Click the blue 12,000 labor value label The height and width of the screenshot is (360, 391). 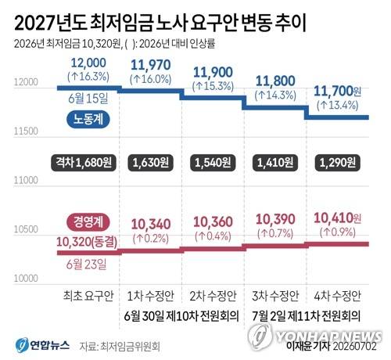click(x=88, y=63)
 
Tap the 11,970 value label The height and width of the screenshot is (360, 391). click(x=151, y=65)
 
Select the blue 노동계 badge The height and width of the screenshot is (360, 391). click(x=88, y=120)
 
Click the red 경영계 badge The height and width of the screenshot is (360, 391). click(x=88, y=222)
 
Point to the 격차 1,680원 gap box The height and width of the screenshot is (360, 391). click(x=84, y=163)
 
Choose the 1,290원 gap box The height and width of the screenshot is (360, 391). click(x=338, y=163)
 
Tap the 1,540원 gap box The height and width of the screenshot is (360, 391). click(x=213, y=163)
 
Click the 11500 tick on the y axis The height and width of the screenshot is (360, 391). click(x=26, y=131)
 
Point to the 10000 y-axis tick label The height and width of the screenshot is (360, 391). click(x=26, y=279)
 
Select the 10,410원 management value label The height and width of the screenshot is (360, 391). click(x=338, y=218)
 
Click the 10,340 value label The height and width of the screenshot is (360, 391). click(x=151, y=224)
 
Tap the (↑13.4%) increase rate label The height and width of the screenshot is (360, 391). click(x=338, y=106)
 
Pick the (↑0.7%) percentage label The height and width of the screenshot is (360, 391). click(x=275, y=233)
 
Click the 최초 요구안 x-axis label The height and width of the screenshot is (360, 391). click(x=88, y=296)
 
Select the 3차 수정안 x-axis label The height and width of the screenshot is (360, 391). click(x=275, y=296)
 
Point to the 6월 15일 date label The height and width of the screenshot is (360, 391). click(x=88, y=99)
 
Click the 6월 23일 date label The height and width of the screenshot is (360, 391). click(x=86, y=265)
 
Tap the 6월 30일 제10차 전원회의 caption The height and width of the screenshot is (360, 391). click(x=181, y=316)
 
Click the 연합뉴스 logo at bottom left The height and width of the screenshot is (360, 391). click(x=42, y=345)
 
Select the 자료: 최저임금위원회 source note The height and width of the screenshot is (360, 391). click(x=120, y=346)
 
